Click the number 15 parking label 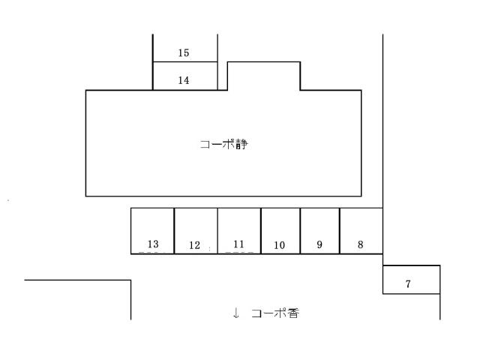coord(184,53)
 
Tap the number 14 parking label coord(184,80)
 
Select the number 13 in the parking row coord(153,244)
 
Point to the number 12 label coord(195,245)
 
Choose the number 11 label coord(238,244)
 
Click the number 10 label coord(279,245)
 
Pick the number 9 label coord(319,244)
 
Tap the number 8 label coord(361,244)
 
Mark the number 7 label coord(408,283)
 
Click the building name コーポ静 coord(224,144)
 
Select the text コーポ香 coord(275,313)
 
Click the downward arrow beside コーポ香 coord(235,313)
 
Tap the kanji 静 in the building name coord(241,144)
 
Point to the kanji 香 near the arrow coord(293,313)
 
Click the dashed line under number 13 coord(149,253)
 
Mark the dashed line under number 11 coord(239,253)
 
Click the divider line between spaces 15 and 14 coord(185,61)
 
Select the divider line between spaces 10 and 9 coord(300,231)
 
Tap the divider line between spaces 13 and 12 coord(174,231)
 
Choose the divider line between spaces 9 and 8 coord(340,231)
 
